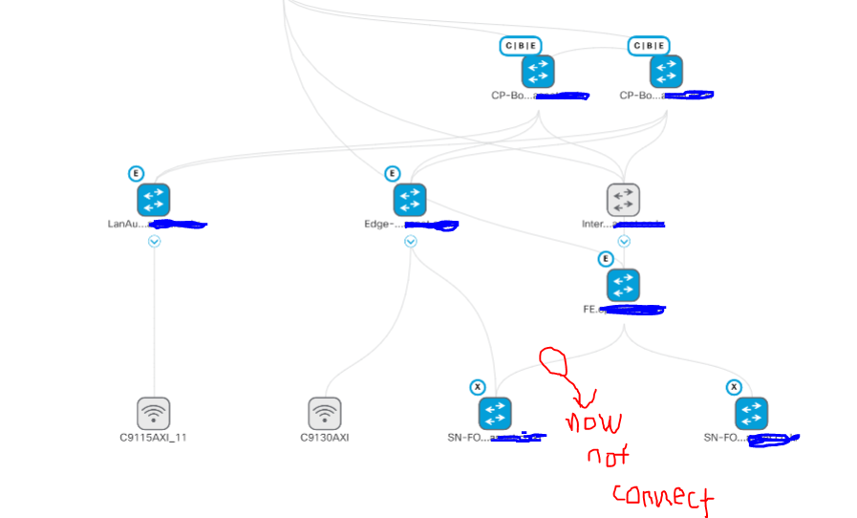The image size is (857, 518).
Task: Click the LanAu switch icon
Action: (x=153, y=200)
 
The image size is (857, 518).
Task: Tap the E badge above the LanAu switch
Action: (x=136, y=174)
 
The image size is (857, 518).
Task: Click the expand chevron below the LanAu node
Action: (x=154, y=242)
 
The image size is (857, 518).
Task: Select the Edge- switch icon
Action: (x=409, y=200)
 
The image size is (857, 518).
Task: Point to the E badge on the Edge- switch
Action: (x=392, y=174)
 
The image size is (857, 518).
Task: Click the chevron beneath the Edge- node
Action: (x=410, y=242)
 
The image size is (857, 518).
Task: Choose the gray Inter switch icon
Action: (x=623, y=200)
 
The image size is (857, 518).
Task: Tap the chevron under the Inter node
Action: (x=624, y=242)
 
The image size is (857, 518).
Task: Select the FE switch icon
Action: (x=623, y=285)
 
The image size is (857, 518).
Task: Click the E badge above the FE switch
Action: (x=605, y=259)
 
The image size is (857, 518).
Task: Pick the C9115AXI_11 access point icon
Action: (x=153, y=413)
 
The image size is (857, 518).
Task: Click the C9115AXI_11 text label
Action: (x=154, y=438)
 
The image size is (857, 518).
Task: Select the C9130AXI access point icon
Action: (x=324, y=413)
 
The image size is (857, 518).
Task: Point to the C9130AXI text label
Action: (x=325, y=438)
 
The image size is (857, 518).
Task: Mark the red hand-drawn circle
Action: (x=553, y=361)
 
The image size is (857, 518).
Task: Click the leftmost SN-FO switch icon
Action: (x=495, y=413)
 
